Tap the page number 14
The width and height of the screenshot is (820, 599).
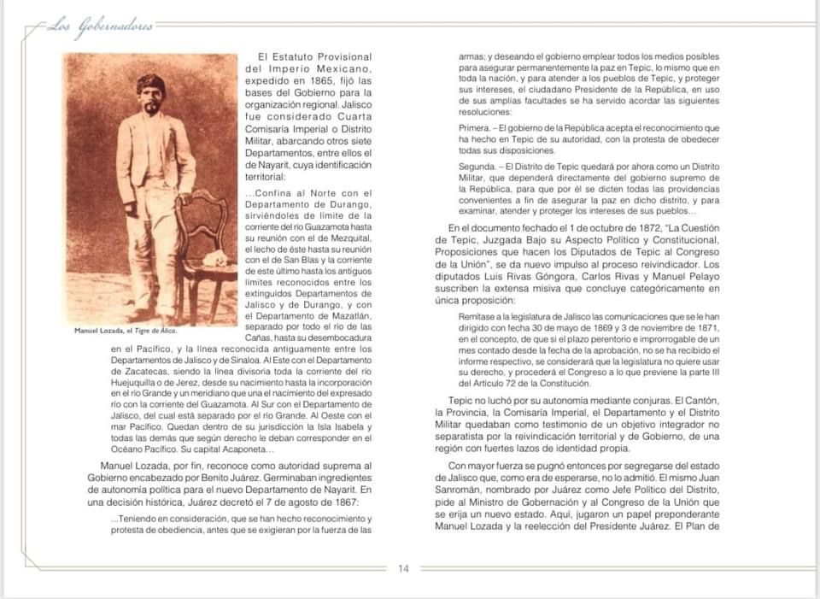coord(403,568)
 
